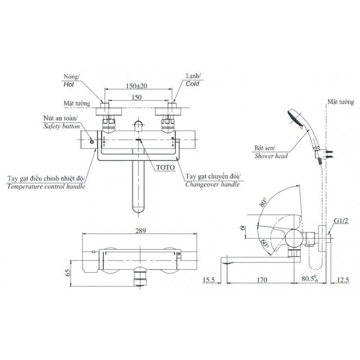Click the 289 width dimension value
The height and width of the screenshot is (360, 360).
point(140,232)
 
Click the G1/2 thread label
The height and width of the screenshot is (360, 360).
point(341,221)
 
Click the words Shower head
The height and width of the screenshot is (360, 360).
point(271,156)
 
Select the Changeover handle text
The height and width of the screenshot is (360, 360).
point(213,184)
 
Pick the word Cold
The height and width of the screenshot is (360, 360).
point(193,84)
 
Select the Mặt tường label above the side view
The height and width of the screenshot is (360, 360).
point(339,102)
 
